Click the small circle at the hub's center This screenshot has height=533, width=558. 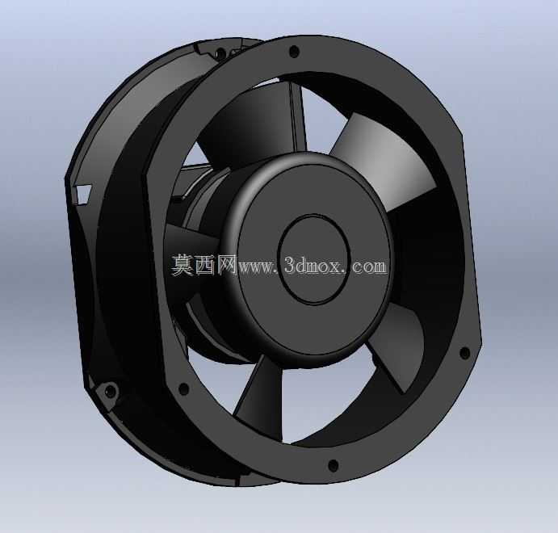tap(314, 259)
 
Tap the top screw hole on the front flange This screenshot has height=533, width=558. tap(293, 51)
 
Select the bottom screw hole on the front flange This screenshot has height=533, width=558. tap(333, 464)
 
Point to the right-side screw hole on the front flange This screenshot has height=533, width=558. tap(464, 352)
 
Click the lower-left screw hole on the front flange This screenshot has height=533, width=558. tap(183, 388)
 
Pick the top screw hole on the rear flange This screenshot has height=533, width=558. tap(220, 53)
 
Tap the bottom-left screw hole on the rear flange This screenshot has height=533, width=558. tap(111, 390)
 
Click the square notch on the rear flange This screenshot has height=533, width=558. tap(83, 193)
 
